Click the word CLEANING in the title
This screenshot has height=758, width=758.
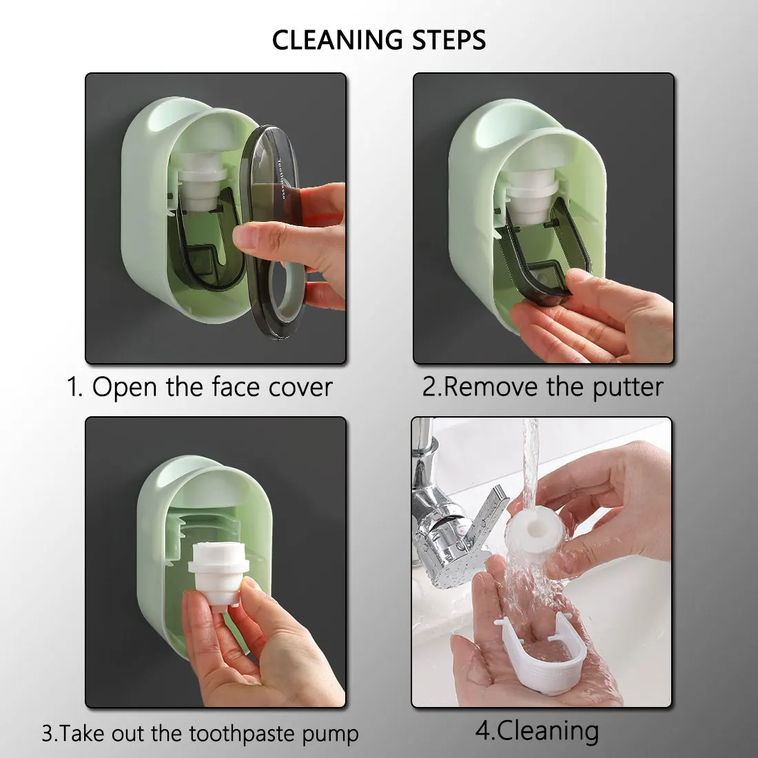[337, 40]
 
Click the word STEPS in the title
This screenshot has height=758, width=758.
[449, 40]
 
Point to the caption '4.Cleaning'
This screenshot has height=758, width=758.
[537, 731]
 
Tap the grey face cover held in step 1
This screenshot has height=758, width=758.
[273, 232]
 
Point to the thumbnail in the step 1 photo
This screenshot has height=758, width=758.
[244, 237]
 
